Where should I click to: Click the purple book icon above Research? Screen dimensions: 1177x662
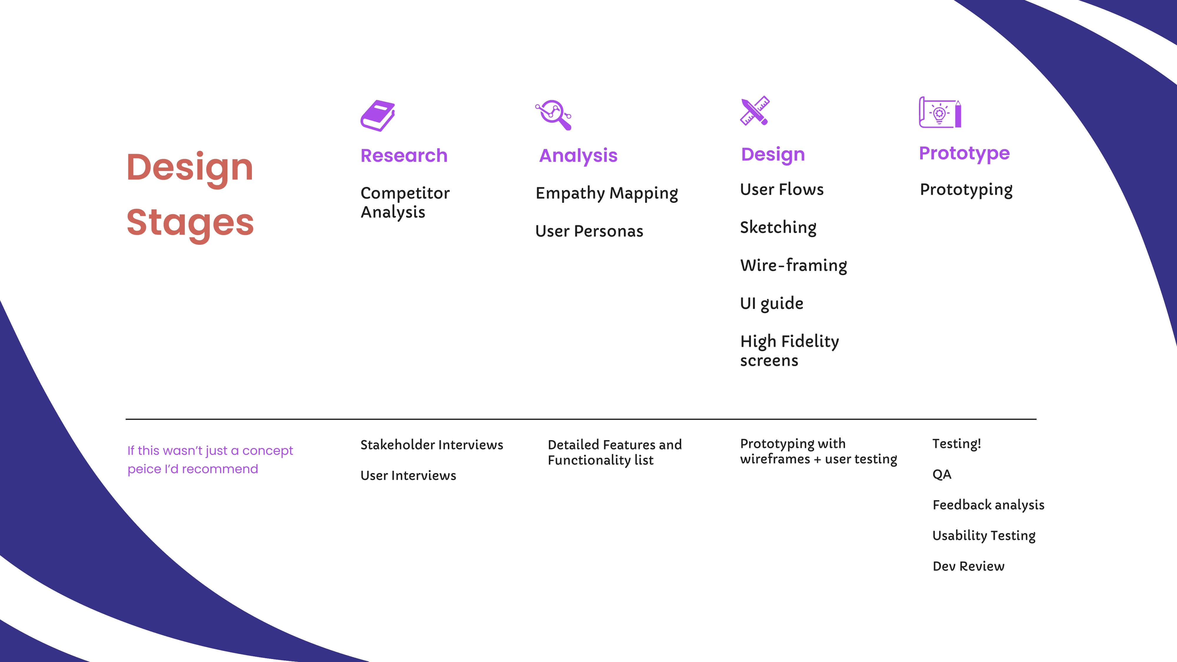coord(378,116)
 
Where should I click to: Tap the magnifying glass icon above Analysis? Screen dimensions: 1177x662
coord(553,115)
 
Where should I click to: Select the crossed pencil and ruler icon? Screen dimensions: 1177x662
coord(755,111)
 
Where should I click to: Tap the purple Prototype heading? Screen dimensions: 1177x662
coord(964,154)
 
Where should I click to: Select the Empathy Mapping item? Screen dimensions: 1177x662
coord(607,193)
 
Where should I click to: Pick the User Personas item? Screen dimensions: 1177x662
coord(589,231)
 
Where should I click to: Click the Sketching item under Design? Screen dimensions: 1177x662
coord(778,227)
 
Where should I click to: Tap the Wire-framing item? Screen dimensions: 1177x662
coord(794,265)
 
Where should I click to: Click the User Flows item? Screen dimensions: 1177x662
coord(782,189)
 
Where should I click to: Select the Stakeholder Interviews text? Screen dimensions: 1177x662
coord(432,445)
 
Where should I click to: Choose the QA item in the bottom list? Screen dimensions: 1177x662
coord(942,474)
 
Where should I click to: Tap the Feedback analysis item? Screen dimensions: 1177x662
coord(988,505)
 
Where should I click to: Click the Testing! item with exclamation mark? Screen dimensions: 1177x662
coord(957,444)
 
